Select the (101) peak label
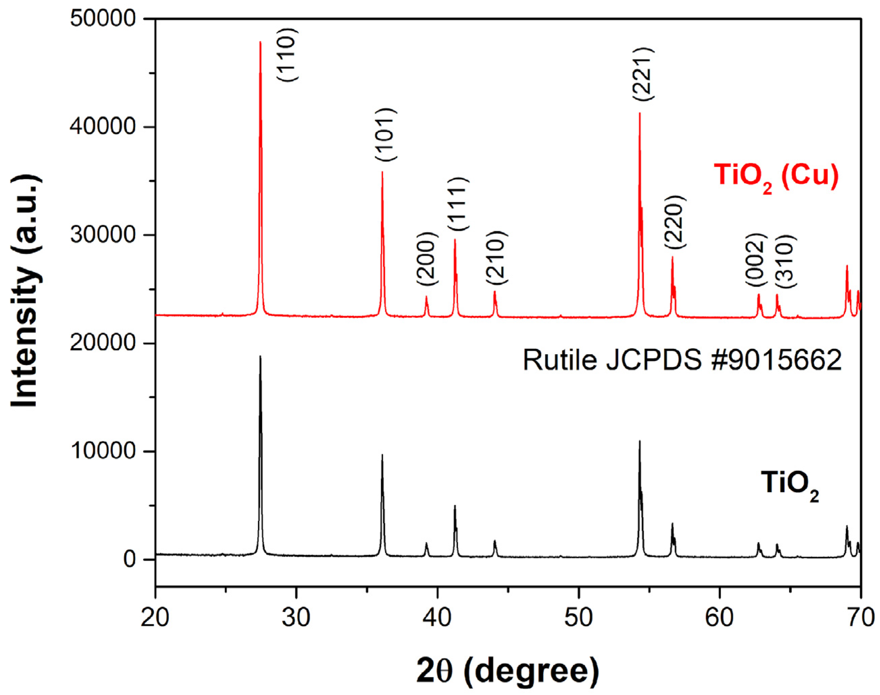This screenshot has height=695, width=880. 386,135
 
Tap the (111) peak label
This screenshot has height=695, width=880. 459,204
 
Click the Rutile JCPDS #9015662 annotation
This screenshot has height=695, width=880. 682,360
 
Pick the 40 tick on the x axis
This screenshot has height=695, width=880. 437,618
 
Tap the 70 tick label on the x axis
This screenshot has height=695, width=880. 860,618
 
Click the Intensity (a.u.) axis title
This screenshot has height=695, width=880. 26,290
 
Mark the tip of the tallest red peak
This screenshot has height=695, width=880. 260,42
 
